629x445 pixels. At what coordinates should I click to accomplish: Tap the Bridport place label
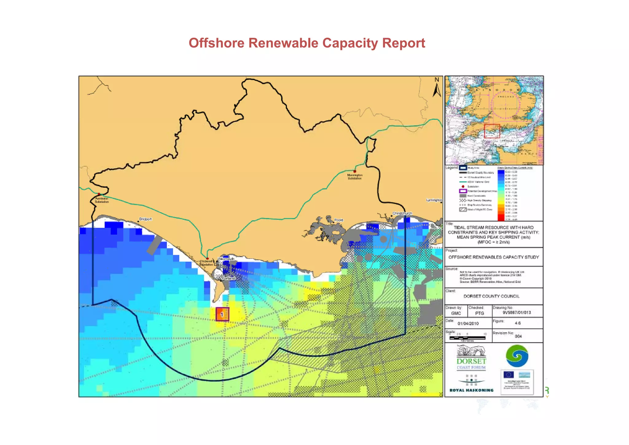pyautogui.click(x=145, y=219)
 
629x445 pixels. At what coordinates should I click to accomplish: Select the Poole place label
pyautogui.click(x=338, y=220)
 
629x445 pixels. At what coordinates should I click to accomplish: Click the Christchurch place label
pyautogui.click(x=402, y=213)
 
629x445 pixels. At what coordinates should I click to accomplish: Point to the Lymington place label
pyautogui.click(x=434, y=200)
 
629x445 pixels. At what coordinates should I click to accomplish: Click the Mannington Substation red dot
pyautogui.click(x=355, y=171)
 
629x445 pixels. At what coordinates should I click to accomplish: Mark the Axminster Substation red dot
pyautogui.click(x=99, y=194)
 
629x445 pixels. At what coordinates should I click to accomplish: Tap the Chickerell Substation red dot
pyautogui.click(x=207, y=259)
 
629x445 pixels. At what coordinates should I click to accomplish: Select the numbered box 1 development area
pyautogui.click(x=222, y=314)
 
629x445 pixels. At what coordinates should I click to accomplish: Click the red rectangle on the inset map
pyautogui.click(x=492, y=131)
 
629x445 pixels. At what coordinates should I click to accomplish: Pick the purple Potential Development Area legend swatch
pyautogui.click(x=463, y=191)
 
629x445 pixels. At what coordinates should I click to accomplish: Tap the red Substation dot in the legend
pyautogui.click(x=463, y=187)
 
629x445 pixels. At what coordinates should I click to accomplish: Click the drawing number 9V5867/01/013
pyautogui.click(x=517, y=313)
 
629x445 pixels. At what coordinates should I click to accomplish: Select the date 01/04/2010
pyautogui.click(x=468, y=323)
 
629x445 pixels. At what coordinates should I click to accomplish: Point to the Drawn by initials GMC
pyautogui.click(x=456, y=313)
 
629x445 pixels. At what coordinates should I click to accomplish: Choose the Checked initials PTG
pyautogui.click(x=479, y=313)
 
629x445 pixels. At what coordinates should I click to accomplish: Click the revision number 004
pyautogui.click(x=518, y=336)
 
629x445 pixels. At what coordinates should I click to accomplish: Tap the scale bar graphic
pyautogui.click(x=467, y=338)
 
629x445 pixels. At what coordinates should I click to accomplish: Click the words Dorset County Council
pyautogui.click(x=491, y=296)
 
